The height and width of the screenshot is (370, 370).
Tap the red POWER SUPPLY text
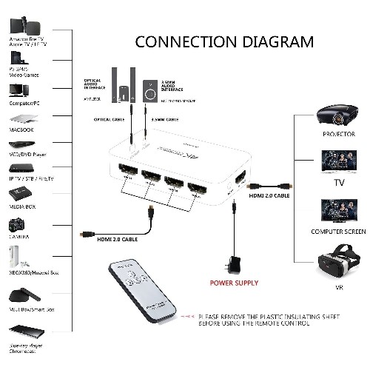tap(234, 282)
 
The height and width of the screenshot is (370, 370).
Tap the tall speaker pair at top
tap(123, 79)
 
